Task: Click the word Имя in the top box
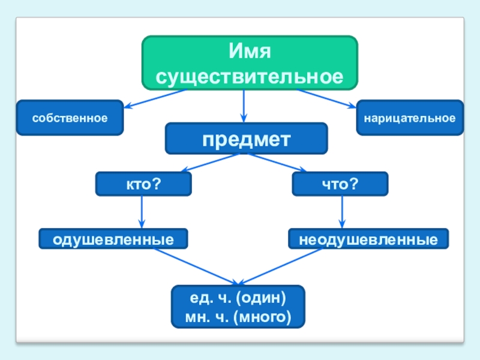click(x=250, y=52)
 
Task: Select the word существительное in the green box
click(x=250, y=76)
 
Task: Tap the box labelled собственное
click(x=70, y=118)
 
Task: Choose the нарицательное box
click(x=409, y=118)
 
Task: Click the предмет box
click(x=246, y=139)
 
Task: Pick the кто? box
click(x=143, y=184)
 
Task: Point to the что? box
click(x=340, y=184)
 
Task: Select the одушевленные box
click(x=113, y=239)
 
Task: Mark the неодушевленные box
click(x=368, y=239)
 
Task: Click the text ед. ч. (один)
click(x=238, y=298)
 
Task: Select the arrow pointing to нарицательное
click(x=327, y=100)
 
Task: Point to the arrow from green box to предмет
click(x=244, y=106)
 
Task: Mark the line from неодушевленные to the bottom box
click(x=288, y=266)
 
